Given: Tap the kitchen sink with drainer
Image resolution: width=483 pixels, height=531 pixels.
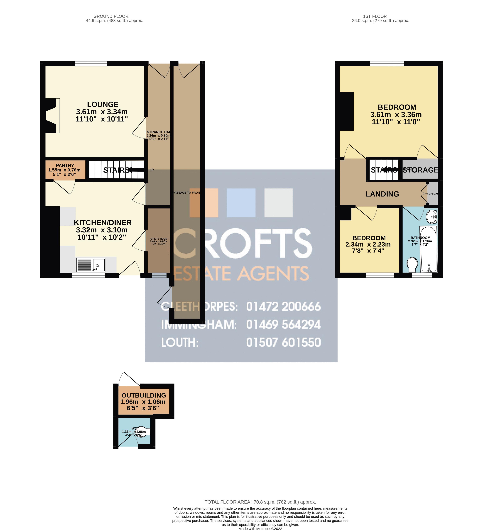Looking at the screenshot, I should click(x=91, y=265).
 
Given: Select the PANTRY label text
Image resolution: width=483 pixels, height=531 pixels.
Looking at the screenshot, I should click(x=65, y=165).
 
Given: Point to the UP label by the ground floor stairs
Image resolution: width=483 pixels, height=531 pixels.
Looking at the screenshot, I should click(x=151, y=170).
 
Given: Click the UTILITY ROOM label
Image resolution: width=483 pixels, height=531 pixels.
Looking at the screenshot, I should click(x=159, y=239).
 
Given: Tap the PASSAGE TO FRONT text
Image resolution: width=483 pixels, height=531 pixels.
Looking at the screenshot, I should click(x=186, y=192).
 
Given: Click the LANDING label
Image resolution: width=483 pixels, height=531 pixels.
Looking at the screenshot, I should click(x=382, y=194).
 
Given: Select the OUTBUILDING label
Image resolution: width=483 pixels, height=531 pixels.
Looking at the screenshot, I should click(x=144, y=395).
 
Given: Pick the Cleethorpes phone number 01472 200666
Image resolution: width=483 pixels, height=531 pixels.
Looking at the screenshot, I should click(x=283, y=307).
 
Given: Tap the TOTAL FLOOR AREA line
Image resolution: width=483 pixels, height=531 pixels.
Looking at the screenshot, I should click(x=260, y=502).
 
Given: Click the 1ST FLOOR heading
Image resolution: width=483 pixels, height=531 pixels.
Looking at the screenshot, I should click(x=375, y=16).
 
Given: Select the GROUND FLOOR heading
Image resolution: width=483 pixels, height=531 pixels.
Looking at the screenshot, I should click(x=111, y=16).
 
